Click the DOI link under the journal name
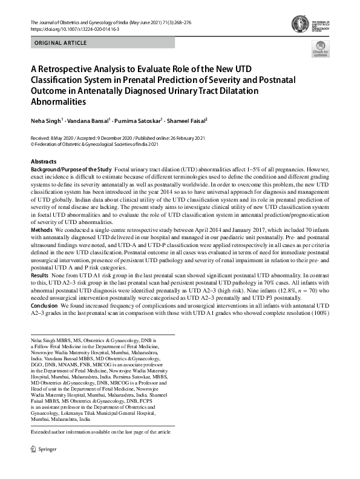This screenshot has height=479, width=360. coord(71,28)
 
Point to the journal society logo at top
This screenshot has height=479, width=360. coord(317,25)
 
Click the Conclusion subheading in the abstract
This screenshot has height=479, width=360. coord(45,306)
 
